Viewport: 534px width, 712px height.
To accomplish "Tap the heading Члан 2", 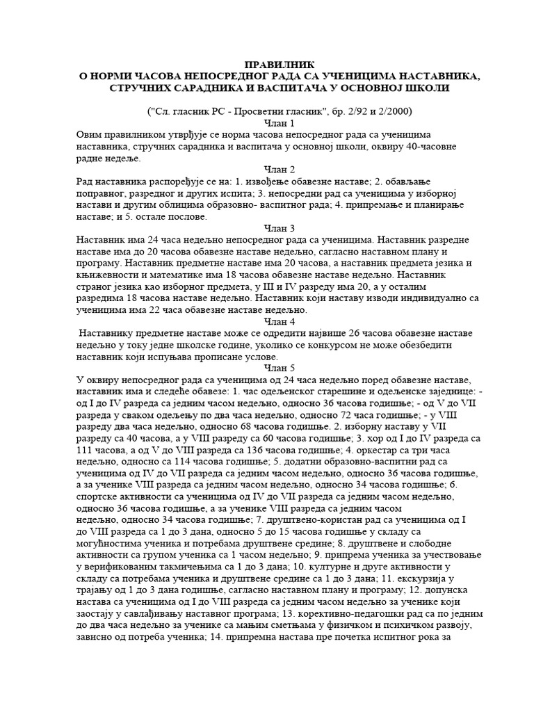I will coord(267,169).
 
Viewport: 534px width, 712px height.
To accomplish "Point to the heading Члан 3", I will coord(267,227).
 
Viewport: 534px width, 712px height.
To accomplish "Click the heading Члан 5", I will coord(267,368).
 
